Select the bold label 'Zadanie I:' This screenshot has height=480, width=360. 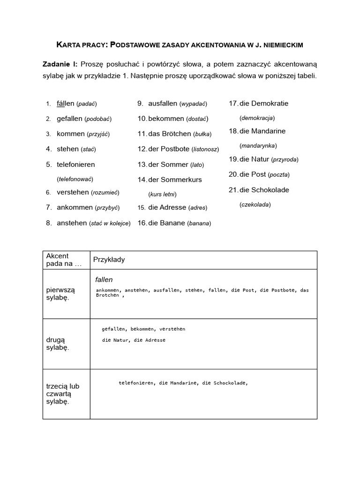pyautogui.click(x=61, y=64)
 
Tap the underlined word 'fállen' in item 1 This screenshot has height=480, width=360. pyautogui.click(x=65, y=104)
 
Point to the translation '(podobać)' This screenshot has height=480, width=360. pyautogui.click(x=98, y=119)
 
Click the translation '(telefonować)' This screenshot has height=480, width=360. pyautogui.click(x=75, y=179)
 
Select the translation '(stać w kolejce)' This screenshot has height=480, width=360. pyautogui.click(x=110, y=224)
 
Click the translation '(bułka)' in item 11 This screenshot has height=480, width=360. pyautogui.click(x=202, y=134)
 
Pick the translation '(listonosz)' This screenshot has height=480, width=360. pyautogui.click(x=209, y=150)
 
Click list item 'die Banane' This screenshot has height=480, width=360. pyautogui.click(x=166, y=224)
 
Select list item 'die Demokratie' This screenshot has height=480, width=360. pyautogui.click(x=263, y=104)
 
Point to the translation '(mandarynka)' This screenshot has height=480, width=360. pyautogui.click(x=258, y=146)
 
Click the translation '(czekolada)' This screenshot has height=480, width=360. pyautogui.click(x=255, y=205)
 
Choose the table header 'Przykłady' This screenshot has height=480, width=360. pyautogui.click(x=109, y=260)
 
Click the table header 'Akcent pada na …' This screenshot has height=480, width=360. pyautogui.click(x=63, y=260)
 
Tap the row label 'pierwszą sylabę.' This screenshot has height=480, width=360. pyautogui.click(x=58, y=294)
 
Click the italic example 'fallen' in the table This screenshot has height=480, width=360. pyautogui.click(x=104, y=279)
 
